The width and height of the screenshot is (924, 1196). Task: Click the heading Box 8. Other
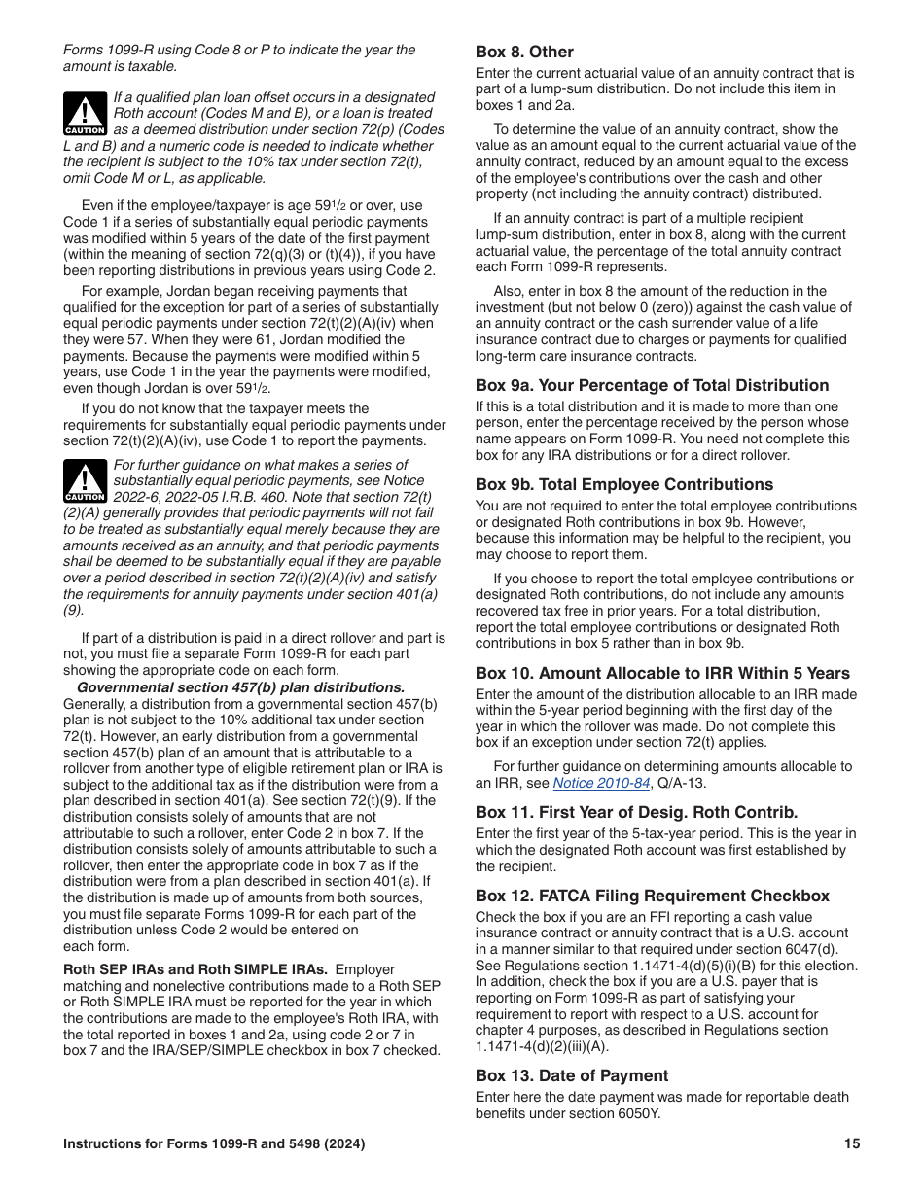click(524, 53)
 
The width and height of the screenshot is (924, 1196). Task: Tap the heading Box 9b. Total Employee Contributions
click(623, 484)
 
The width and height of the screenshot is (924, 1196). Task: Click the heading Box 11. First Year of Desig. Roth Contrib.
click(636, 812)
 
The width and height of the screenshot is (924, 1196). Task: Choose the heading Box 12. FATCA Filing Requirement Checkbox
click(652, 896)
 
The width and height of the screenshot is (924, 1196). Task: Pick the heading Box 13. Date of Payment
click(572, 1075)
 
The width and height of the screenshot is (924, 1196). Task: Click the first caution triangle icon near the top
click(85, 115)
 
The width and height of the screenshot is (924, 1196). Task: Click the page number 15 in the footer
click(852, 1144)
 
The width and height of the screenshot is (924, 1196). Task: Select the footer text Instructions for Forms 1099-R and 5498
click(214, 1144)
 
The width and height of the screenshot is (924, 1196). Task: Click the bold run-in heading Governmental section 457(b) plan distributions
click(240, 687)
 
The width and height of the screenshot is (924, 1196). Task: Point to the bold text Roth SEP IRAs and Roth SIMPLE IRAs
click(195, 969)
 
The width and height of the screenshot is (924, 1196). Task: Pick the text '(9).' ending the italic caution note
click(74, 611)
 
